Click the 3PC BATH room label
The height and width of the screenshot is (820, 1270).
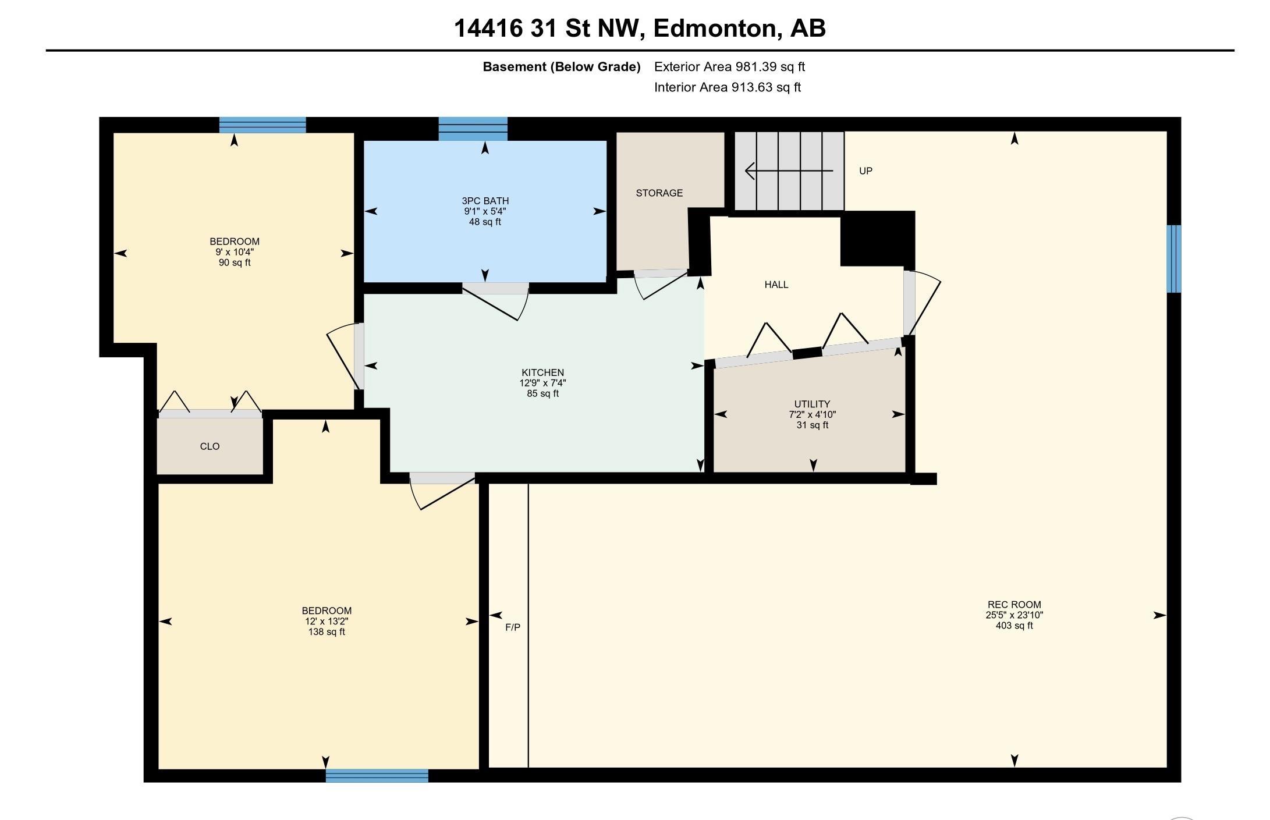pyautogui.click(x=485, y=201)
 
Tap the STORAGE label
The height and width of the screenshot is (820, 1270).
pyautogui.click(x=659, y=193)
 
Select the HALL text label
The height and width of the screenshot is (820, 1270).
pyautogui.click(x=776, y=285)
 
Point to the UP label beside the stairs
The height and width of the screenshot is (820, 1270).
pyautogui.click(x=865, y=171)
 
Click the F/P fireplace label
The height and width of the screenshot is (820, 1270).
pyautogui.click(x=513, y=627)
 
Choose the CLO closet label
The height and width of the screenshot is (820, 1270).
pyautogui.click(x=210, y=446)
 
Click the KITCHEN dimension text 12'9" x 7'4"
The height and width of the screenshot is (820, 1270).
pyautogui.click(x=542, y=383)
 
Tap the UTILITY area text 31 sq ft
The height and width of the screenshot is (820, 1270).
pyautogui.click(x=813, y=425)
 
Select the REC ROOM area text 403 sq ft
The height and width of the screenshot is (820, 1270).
pyautogui.click(x=1014, y=626)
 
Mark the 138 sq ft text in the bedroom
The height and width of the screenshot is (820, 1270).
pyautogui.click(x=327, y=631)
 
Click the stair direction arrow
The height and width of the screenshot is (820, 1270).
pyautogui.click(x=789, y=171)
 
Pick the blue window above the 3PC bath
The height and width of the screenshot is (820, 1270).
pyautogui.click(x=473, y=129)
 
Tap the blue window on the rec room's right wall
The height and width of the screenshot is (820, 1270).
pyautogui.click(x=1174, y=258)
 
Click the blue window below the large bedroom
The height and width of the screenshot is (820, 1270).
pyautogui.click(x=377, y=775)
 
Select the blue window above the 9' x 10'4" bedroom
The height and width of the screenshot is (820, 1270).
pyautogui.click(x=262, y=125)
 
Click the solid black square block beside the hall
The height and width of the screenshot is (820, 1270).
pyautogui.click(x=877, y=239)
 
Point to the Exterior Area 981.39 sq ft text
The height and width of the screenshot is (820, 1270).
pyautogui.click(x=729, y=66)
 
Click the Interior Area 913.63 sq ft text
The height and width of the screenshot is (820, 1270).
pyautogui.click(x=728, y=87)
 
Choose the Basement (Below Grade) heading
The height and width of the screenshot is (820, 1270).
pyautogui.click(x=562, y=67)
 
